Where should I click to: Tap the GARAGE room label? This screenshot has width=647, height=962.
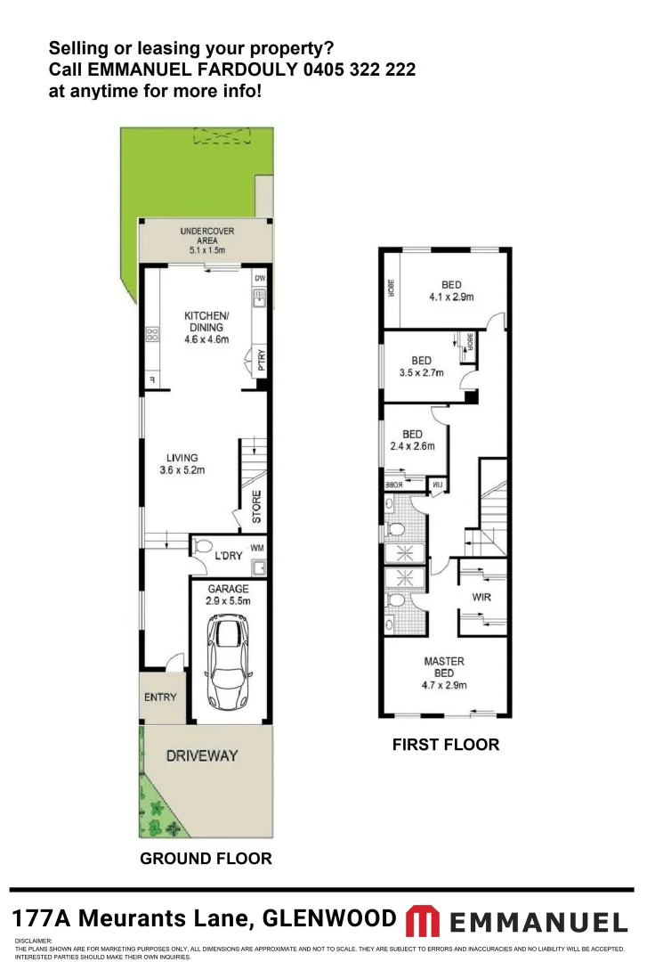pos(228,589)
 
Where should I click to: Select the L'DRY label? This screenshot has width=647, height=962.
pos(228,556)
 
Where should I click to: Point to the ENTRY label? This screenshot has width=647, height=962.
pos(160,697)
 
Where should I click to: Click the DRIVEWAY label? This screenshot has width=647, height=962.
pos(202,755)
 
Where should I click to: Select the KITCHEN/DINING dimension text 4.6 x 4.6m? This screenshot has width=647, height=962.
pos(206,339)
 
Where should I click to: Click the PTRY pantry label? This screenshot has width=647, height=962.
pos(261,360)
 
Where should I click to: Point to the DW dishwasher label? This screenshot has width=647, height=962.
pos(260,279)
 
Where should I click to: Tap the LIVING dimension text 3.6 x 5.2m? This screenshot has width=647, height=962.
pos(182,470)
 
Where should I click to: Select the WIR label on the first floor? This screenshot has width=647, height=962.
pos(481,597)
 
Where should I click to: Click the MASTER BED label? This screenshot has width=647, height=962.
pos(444,666)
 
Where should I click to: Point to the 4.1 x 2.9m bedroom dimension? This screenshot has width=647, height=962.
pos(451,298)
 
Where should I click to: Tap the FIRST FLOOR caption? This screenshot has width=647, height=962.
pos(446,745)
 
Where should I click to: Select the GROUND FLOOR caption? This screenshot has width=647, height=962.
pos(206,859)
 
